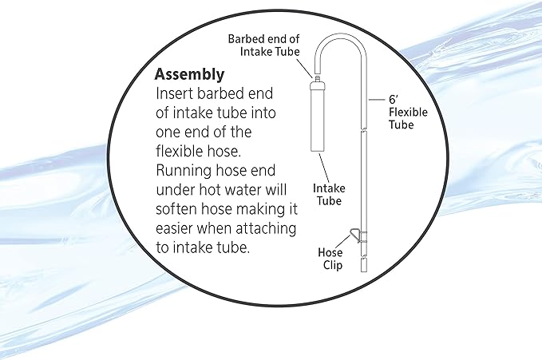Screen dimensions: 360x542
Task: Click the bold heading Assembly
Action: tap(189, 75)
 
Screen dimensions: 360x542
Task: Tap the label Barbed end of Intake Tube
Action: tap(263, 45)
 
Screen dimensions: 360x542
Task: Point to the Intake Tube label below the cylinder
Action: tap(327, 195)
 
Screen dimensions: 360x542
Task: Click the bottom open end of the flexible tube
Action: tap(362, 267)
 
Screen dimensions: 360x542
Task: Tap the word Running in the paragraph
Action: tap(185, 171)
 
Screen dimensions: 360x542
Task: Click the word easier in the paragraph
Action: tap(176, 228)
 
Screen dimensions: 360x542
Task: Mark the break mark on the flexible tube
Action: tap(362, 130)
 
